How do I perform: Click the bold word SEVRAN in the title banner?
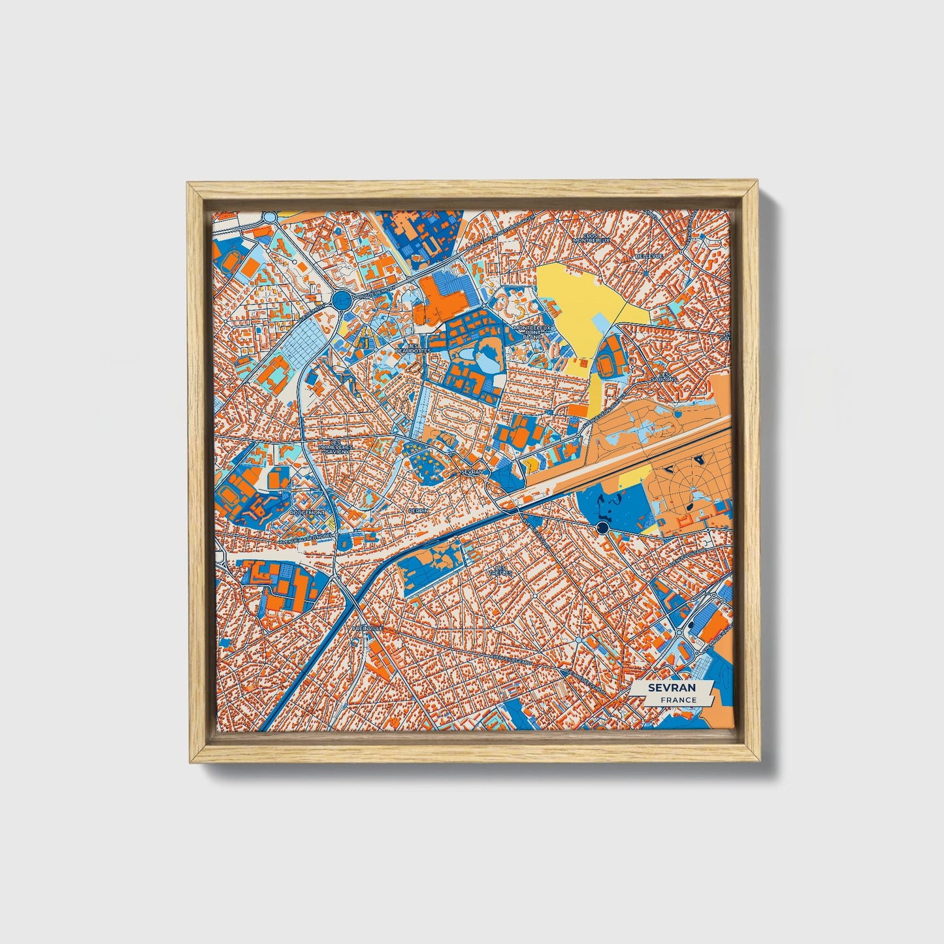[x=672, y=688]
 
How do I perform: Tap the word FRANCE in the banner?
[x=678, y=700]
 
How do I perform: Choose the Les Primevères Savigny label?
[x=334, y=447]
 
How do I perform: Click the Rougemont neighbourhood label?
[x=308, y=513]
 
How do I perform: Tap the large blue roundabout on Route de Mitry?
[x=340, y=301]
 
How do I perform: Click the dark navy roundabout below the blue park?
[x=602, y=528]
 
